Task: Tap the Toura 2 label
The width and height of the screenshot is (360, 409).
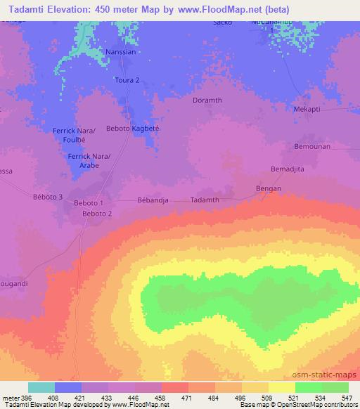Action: (x=137, y=80)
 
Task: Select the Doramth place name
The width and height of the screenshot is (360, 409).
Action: (x=207, y=100)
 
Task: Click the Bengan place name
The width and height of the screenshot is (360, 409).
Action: (x=267, y=189)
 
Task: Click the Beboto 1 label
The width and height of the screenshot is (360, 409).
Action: (x=89, y=203)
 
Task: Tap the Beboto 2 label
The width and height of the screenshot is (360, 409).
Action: (x=97, y=213)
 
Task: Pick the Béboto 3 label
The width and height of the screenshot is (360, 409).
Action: (x=49, y=196)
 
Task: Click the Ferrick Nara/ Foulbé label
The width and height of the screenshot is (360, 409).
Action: (x=74, y=134)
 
